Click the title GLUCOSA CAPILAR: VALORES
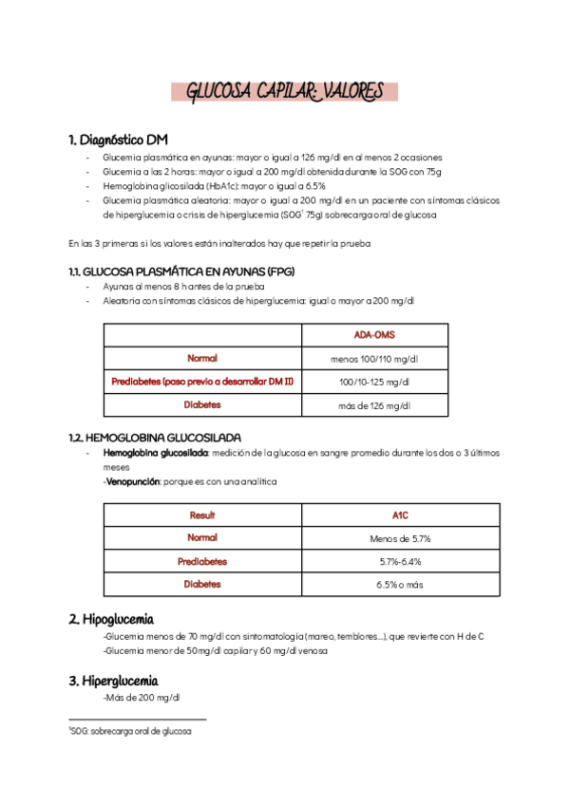tap(285, 92)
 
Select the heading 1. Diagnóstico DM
tap(119, 140)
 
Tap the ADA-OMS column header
tap(374, 335)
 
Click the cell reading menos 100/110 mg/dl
tap(374, 359)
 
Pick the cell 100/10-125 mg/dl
tap(374, 382)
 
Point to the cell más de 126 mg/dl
tap(374, 404)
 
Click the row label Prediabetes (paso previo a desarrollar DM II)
tap(202, 382)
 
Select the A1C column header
tap(400, 515)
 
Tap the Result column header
tap(202, 515)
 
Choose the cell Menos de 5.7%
tap(400, 538)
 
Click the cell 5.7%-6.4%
tap(400, 561)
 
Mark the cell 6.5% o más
tap(400, 584)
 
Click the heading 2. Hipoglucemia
tap(111, 619)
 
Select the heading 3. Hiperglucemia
tap(113, 681)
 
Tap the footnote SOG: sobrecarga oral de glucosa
tap(130, 732)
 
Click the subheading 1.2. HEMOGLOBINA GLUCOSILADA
tap(161, 438)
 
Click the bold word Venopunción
tap(132, 481)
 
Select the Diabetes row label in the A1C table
tap(202, 584)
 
